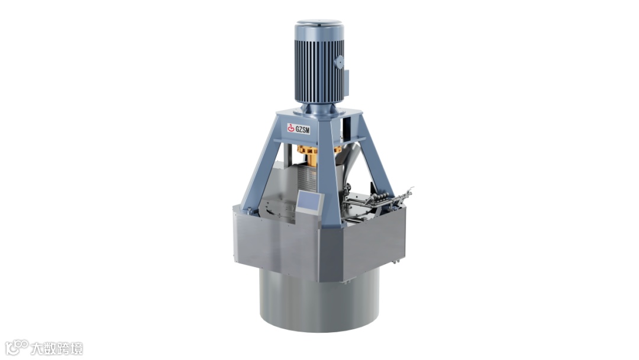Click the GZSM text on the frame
point(302,130)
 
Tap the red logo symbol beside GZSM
point(291,128)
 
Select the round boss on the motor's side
point(339,62)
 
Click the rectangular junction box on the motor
point(346,83)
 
